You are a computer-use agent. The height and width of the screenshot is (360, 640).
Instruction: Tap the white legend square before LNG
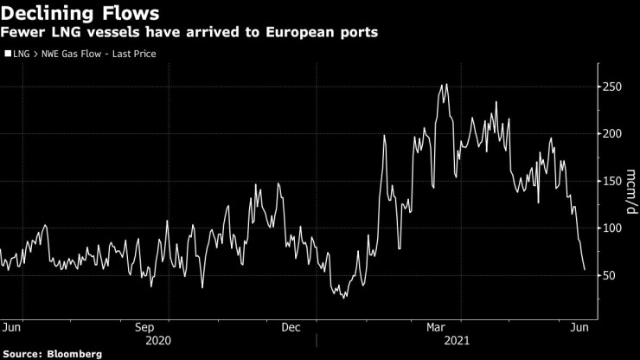click(8, 54)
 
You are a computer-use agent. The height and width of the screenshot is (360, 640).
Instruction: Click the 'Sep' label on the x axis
click(144, 328)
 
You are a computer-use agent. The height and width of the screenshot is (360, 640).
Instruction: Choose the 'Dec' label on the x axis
click(291, 328)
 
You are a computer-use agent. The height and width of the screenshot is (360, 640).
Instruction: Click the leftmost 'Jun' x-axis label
click(12, 328)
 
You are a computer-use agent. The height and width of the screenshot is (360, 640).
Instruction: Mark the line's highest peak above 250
click(445, 84)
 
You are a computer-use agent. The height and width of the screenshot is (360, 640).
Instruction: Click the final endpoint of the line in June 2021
click(585, 270)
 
